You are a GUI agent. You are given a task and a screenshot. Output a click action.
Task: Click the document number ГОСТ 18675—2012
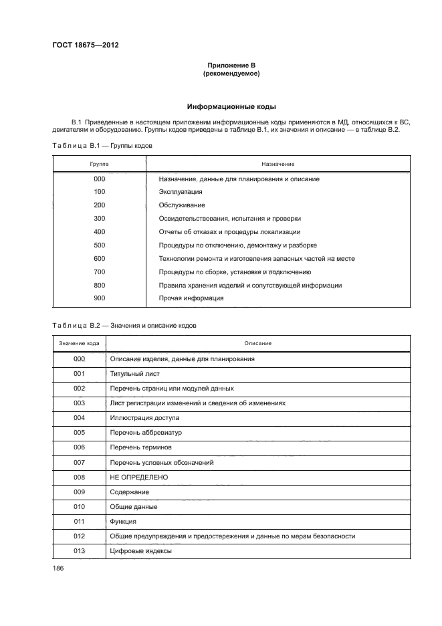point(85,46)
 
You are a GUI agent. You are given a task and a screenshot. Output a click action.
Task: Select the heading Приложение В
point(231,66)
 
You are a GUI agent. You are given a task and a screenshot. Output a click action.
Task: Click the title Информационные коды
point(231,106)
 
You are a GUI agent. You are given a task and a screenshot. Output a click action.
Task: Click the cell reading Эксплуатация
point(181,192)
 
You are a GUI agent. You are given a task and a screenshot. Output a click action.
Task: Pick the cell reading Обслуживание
point(182,205)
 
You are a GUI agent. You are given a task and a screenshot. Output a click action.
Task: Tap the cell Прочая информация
point(191,298)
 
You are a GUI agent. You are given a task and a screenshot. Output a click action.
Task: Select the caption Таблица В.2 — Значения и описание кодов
point(124,326)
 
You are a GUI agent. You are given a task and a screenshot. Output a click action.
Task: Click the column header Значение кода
point(79,343)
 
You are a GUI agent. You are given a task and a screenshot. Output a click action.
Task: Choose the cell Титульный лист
point(134,373)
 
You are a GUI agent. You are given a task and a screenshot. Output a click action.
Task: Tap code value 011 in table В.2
point(79,521)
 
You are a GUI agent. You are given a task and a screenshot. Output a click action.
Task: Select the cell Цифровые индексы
point(140,551)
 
